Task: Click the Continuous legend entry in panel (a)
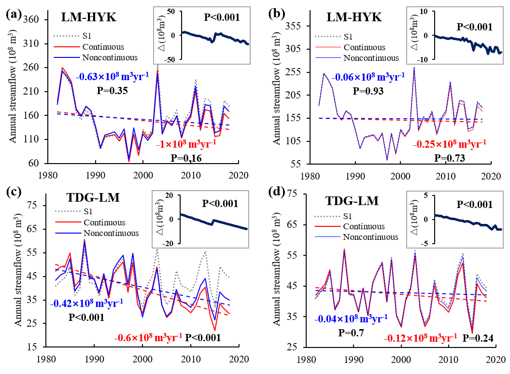pos(103,47)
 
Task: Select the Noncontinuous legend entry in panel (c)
pos(111,233)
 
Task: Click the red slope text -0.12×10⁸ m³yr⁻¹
pos(420,337)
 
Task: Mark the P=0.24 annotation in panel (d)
pos(478,338)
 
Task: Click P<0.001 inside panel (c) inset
pos(220,204)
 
